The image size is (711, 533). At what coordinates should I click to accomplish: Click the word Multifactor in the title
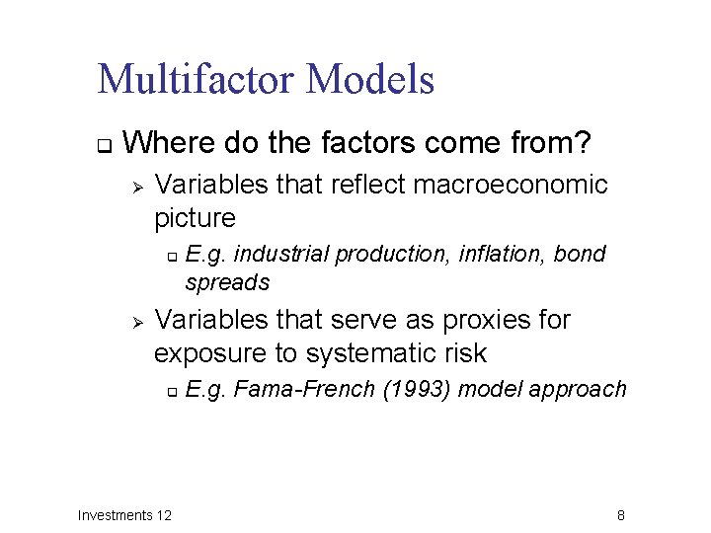197,79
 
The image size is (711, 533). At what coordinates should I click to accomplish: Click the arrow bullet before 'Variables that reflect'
138,186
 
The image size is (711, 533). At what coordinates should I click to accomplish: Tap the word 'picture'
196,217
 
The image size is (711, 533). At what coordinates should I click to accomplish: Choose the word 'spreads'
227,282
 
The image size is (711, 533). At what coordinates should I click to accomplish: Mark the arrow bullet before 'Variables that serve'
138,322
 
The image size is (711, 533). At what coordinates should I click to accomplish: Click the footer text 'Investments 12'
124,515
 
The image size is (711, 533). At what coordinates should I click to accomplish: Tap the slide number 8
620,515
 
